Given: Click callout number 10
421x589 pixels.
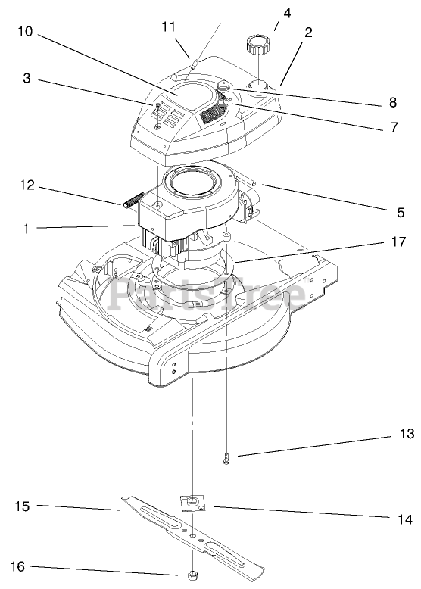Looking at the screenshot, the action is pos(26,31).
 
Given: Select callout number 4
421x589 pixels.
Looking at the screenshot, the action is pos(287,14).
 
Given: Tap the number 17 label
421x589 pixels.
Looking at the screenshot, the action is pos(398,242).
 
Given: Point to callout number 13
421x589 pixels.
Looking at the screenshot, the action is pos(407,434).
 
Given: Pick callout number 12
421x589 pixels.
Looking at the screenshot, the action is pos(27,185).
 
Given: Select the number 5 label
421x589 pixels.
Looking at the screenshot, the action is pos(401,213).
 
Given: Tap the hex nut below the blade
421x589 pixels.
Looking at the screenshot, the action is pos(192,575).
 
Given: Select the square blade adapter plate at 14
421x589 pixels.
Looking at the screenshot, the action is pos(194,503).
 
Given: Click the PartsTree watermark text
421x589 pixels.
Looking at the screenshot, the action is pos(207,294).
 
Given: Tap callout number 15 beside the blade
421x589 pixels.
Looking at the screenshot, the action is pos(22,506).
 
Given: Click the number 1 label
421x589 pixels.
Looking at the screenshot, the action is pos(26,229).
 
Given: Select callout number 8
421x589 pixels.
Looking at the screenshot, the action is pos(393,102).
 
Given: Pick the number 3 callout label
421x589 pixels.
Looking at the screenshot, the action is pos(27,79).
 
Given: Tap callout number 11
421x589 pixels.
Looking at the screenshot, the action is pos(169,26).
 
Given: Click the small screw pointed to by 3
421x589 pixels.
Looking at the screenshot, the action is pos(157,110).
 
